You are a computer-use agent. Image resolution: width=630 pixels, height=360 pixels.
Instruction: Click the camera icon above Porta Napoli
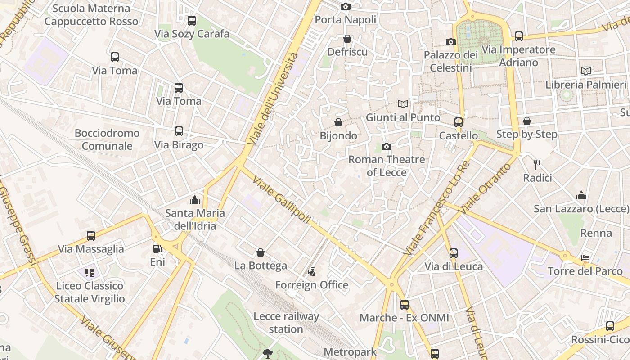click(346, 6)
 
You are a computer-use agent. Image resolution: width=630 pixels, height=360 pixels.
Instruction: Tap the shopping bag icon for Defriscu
click(347, 39)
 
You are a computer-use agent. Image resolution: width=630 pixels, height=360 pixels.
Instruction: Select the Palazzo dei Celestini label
click(450, 61)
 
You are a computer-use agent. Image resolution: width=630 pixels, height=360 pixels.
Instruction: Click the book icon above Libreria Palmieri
click(586, 71)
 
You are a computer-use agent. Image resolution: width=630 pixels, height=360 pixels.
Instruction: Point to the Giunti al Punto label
click(403, 117)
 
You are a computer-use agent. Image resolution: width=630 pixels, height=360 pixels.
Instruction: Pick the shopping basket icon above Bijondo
click(338, 122)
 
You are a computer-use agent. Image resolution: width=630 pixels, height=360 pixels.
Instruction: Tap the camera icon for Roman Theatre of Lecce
click(386, 146)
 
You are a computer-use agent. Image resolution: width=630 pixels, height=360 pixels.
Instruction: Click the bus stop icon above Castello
click(459, 122)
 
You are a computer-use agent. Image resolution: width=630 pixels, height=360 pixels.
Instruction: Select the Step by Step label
click(526, 134)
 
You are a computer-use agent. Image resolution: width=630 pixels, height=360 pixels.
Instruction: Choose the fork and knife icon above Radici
click(537, 164)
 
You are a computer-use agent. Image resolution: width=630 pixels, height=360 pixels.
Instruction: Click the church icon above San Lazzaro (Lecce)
click(581, 195)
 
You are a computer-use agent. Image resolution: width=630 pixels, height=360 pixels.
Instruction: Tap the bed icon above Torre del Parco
click(585, 258)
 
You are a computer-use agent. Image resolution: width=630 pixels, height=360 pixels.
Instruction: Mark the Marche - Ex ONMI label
click(404, 318)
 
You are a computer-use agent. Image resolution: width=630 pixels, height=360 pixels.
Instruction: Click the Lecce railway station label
click(286, 323)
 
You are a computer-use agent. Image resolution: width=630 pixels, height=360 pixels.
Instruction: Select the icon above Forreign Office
click(311, 271)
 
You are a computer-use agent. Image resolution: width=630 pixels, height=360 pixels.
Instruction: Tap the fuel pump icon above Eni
click(157, 248)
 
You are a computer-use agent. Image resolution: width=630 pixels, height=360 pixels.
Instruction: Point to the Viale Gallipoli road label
click(281, 199)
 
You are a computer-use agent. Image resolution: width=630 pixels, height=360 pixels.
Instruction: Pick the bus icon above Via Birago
click(179, 131)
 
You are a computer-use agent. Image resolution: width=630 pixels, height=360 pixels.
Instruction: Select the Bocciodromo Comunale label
click(107, 139)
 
